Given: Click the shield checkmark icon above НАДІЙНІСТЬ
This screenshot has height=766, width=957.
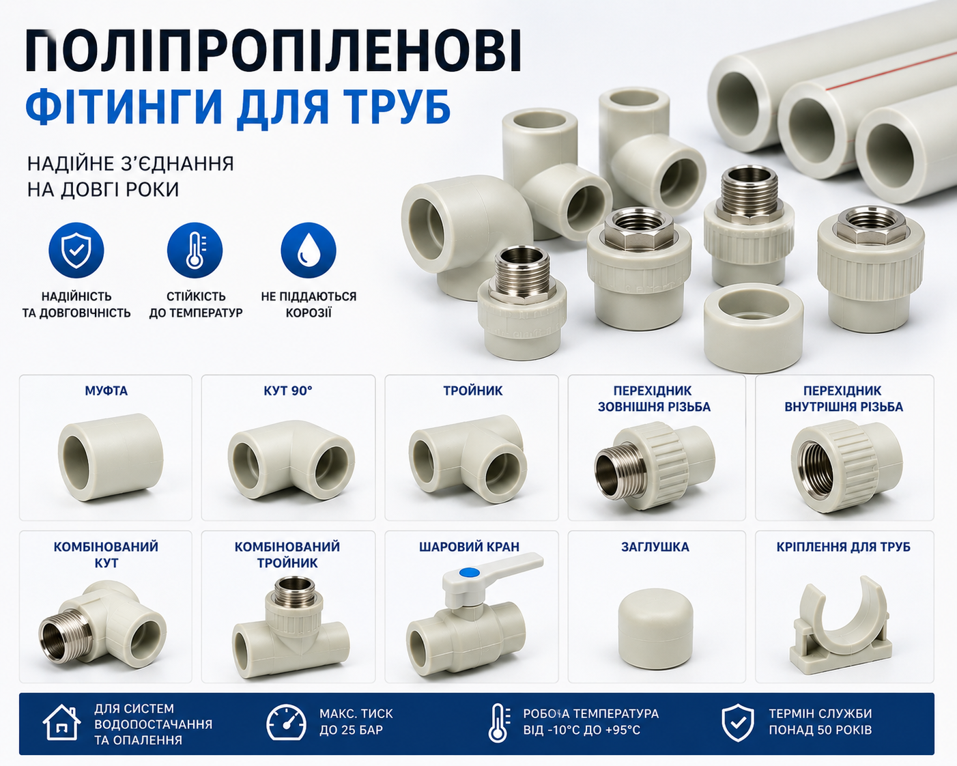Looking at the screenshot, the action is (x=76, y=250).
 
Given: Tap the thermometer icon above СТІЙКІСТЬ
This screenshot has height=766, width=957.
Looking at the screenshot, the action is (x=195, y=250).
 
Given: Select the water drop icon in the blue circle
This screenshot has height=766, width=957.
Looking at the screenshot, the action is (x=308, y=250).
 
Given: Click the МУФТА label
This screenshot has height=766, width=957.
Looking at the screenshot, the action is (x=106, y=391).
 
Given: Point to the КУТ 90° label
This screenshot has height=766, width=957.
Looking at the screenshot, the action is (x=288, y=391).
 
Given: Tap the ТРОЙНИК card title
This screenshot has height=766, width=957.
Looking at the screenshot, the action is (x=473, y=391).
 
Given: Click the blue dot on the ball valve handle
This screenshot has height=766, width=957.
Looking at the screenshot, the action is (x=469, y=573).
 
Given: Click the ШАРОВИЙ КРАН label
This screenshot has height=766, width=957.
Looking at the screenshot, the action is (x=469, y=547).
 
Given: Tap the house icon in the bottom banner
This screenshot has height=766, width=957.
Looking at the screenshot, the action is (x=61, y=722).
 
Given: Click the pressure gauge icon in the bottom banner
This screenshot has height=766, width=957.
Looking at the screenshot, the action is (x=286, y=722).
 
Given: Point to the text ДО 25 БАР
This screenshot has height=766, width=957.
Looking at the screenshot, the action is (x=351, y=730).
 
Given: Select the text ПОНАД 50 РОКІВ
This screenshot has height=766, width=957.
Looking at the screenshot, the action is (x=820, y=730).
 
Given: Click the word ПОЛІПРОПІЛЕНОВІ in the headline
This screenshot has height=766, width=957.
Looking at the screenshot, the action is (x=273, y=51).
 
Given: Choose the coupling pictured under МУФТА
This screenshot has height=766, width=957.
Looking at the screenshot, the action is (x=111, y=457).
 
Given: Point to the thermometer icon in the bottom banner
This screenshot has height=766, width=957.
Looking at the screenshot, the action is (x=498, y=723).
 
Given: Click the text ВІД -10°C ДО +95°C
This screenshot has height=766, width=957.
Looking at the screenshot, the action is (x=582, y=730).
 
